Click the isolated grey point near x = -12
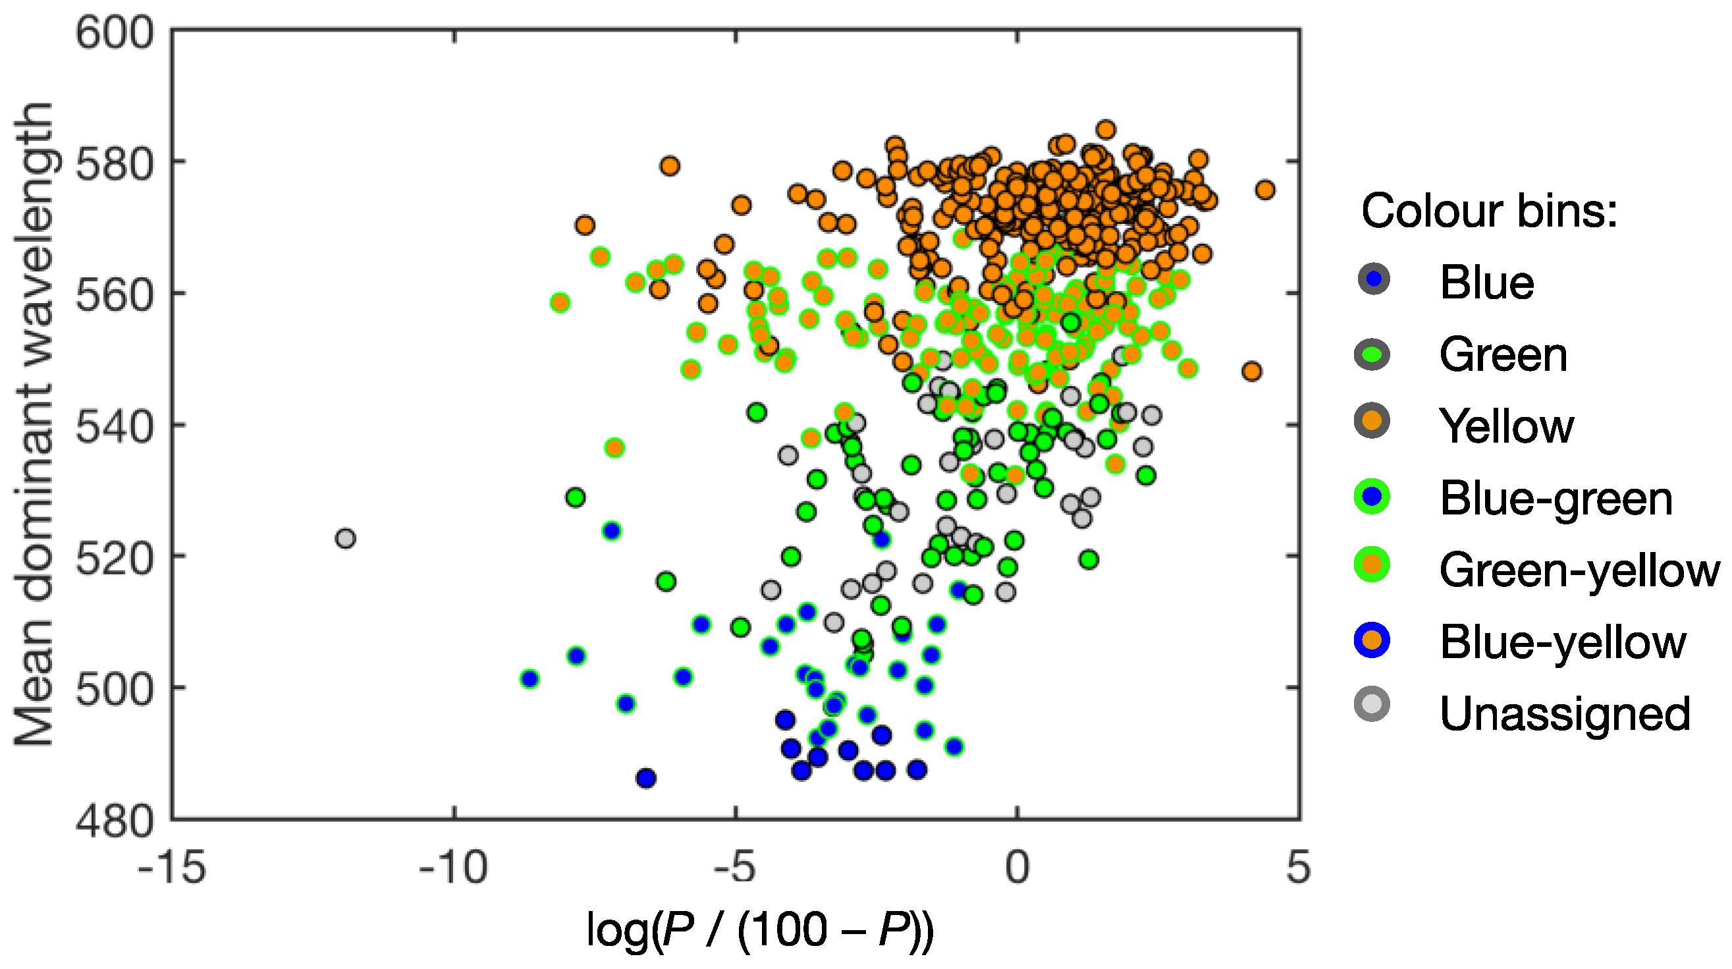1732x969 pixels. [x=345, y=539]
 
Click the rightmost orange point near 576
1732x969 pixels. [x=1264, y=190]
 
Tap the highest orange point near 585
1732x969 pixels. [x=1106, y=130]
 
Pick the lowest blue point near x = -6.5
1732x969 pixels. [x=646, y=778]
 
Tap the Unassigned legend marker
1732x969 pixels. [x=1372, y=705]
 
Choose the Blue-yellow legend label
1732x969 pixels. [x=1563, y=642]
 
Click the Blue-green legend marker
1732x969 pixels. [x=1372, y=497]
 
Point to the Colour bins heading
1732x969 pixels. [x=1488, y=211]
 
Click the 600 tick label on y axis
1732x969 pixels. [x=115, y=32]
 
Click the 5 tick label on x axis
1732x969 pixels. [x=1298, y=868]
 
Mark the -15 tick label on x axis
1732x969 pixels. [x=171, y=868]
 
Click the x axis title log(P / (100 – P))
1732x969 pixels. [x=760, y=931]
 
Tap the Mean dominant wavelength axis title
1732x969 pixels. [x=34, y=424]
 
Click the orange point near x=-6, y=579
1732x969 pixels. [x=669, y=166]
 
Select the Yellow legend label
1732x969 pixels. [x=1506, y=426]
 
